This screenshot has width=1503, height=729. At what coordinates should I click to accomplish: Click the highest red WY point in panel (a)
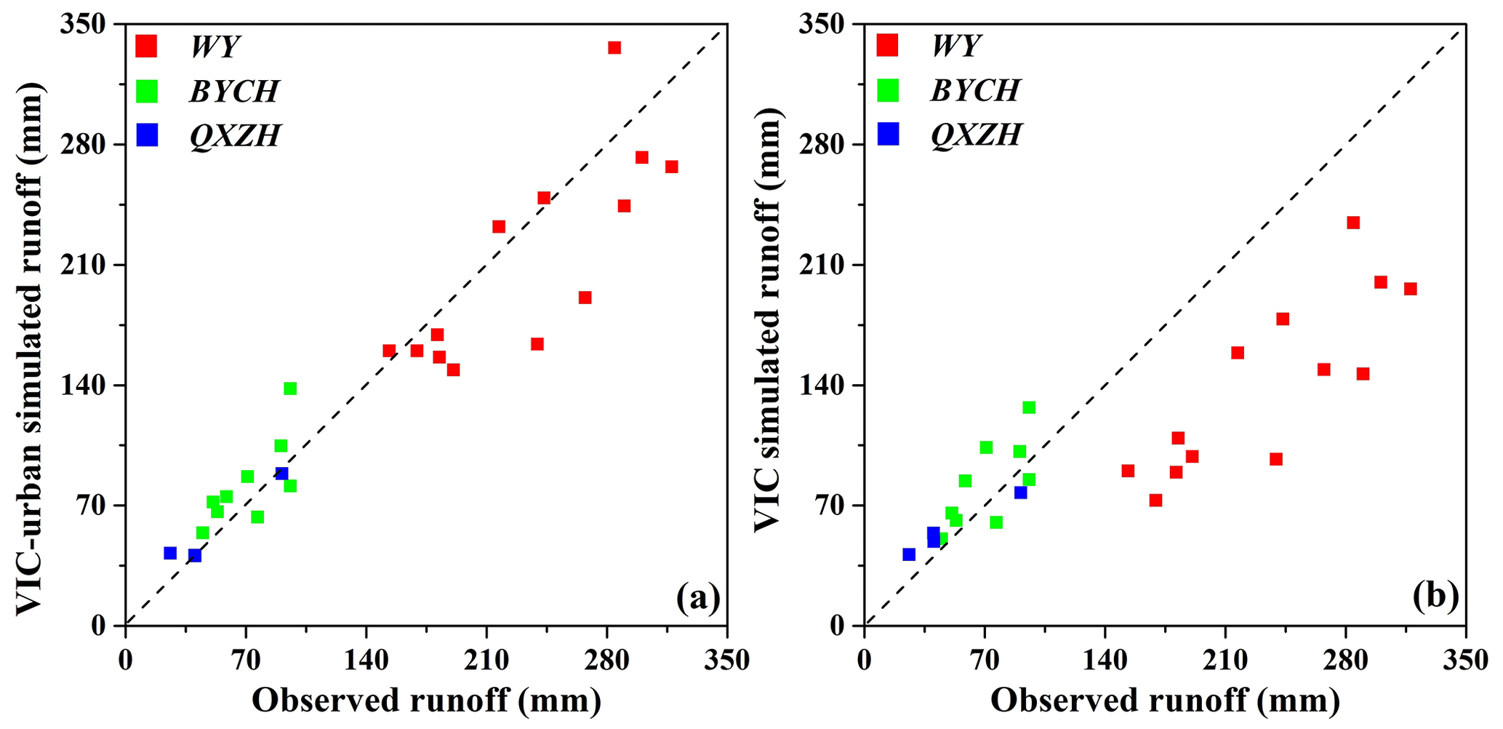614,48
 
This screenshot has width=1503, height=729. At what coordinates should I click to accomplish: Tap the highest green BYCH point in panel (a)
290,389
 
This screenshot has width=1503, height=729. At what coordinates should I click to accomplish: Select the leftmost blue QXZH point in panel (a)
170,553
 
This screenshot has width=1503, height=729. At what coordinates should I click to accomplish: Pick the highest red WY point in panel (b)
1353,223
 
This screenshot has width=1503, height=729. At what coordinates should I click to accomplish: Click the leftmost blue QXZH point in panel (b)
909,554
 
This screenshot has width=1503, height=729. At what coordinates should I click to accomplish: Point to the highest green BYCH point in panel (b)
1029,407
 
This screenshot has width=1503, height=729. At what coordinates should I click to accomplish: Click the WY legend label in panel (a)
215,47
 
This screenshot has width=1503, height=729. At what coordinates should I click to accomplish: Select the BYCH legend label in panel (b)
975,90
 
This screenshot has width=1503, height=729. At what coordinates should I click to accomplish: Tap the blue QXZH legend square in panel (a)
147,135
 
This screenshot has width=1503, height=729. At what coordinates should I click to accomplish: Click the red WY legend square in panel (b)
888,46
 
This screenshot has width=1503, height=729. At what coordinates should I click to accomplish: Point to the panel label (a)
698,597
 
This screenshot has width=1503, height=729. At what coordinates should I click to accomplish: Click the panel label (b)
1436,597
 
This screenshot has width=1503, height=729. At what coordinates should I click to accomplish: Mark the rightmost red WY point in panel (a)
672,167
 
